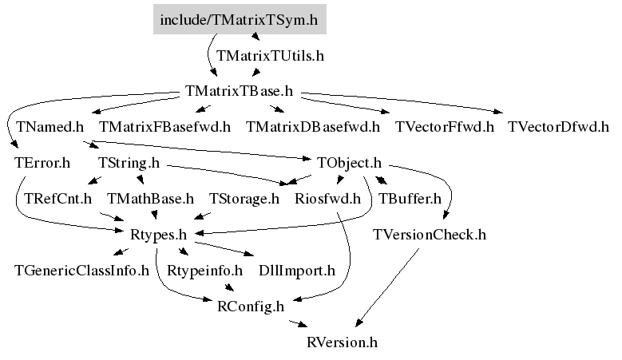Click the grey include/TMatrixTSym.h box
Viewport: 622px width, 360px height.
[240, 19]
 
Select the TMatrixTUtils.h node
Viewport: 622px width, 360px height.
[270, 56]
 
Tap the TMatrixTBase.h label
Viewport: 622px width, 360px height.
[239, 91]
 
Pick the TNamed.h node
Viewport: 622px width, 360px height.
[50, 127]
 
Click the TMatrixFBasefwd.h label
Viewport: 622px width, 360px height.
[164, 127]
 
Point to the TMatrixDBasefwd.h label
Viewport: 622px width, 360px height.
[312, 127]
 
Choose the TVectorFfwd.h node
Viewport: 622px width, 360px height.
[444, 127]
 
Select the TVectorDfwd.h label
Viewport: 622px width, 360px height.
[558, 127]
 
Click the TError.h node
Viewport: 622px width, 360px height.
[42, 163]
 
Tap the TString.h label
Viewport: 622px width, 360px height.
[129, 163]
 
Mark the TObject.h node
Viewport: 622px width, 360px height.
[349, 163]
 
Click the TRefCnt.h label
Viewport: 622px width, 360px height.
[58, 199]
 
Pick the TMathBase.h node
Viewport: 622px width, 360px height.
[150, 199]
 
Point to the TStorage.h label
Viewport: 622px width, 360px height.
[244, 199]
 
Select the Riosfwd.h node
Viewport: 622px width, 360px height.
[327, 199]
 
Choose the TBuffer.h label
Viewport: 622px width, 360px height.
[410, 199]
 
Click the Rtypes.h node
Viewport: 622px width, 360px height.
[158, 235]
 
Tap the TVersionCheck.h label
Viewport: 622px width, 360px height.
[430, 235]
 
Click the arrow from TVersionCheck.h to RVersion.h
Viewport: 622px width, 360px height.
[387, 287]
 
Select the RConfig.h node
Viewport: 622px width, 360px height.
[251, 307]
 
